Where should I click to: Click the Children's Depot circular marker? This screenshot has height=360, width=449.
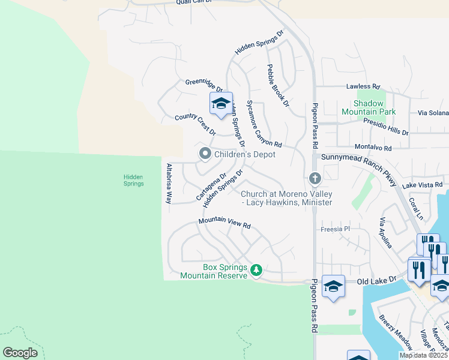pyautogui.click(x=205, y=154)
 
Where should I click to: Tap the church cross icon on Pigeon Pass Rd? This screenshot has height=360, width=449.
pyautogui.click(x=315, y=178)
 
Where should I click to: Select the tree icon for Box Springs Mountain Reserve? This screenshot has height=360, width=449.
pyautogui.click(x=256, y=271)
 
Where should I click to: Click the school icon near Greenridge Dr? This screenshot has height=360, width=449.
pyautogui.click(x=220, y=103)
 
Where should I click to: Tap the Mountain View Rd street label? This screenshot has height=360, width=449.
pyautogui.click(x=224, y=224)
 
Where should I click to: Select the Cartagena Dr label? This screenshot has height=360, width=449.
pyautogui.click(x=211, y=188)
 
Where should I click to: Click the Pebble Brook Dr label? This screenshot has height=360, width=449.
pyautogui.click(x=278, y=86)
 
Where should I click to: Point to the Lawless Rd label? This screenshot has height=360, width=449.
pyautogui.click(x=363, y=86)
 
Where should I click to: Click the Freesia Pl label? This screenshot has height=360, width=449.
pyautogui.click(x=335, y=229)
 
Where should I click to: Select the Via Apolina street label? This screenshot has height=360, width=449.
pyautogui.click(x=385, y=233)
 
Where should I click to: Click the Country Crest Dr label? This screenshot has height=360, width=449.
pyautogui.click(x=194, y=125)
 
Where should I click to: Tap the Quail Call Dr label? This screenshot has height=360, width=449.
pyautogui.click(x=194, y=2)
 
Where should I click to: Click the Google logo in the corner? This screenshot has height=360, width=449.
pyautogui.click(x=20, y=353)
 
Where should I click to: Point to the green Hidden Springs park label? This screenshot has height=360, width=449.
pyautogui.click(x=133, y=180)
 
